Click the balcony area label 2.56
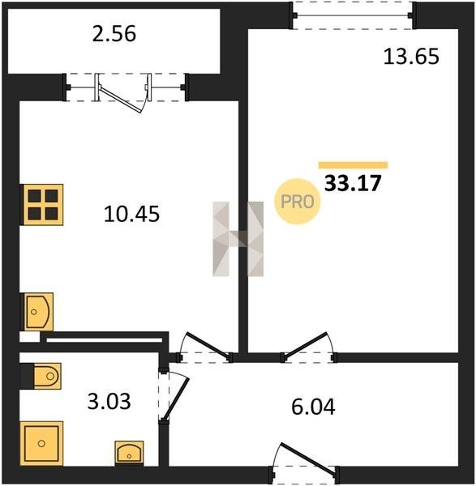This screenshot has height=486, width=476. (x=114, y=34)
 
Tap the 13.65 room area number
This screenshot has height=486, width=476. (x=411, y=57)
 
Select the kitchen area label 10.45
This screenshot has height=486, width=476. (x=131, y=214)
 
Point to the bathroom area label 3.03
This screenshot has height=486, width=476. (x=109, y=401)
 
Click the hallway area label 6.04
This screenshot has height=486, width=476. (x=313, y=407)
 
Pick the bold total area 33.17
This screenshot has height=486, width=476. (x=353, y=183)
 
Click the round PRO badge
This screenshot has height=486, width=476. (x=298, y=202)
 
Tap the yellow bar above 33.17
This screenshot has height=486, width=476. (x=353, y=165)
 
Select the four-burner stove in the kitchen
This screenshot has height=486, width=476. (x=42, y=205)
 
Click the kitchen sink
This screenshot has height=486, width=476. (x=36, y=312)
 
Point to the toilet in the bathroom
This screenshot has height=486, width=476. (x=46, y=376)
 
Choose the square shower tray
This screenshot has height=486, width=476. (x=41, y=443)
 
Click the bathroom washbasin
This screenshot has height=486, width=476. (x=129, y=454)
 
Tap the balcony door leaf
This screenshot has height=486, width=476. (x=122, y=99)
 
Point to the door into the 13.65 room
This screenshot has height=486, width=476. (x=306, y=345)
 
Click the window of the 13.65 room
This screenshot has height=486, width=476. (x=353, y=15)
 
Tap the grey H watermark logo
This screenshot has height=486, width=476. (x=238, y=239)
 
